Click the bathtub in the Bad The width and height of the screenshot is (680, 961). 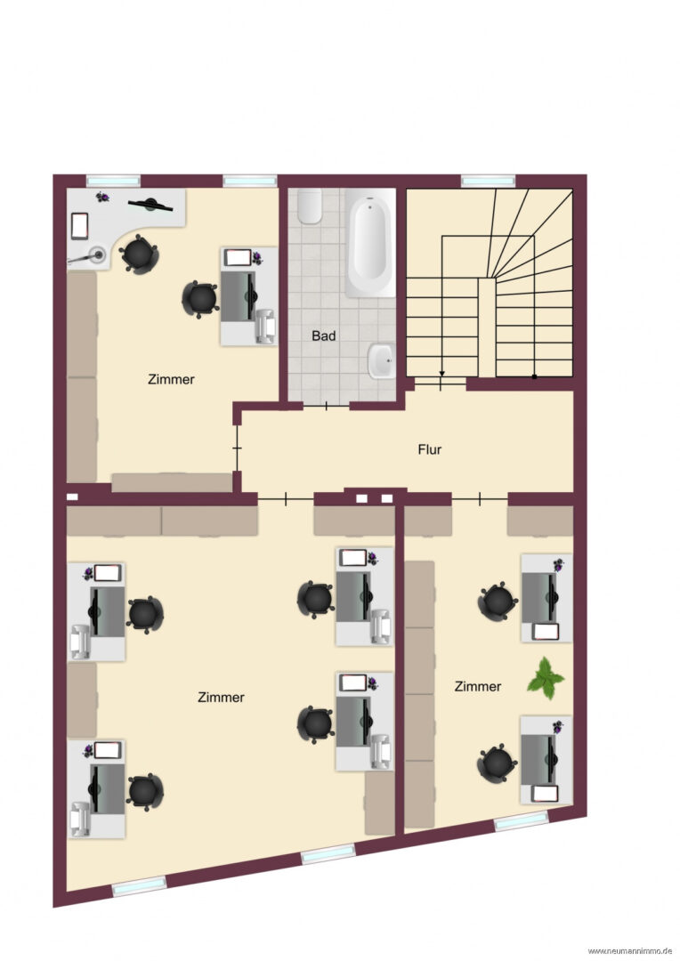point(370,243)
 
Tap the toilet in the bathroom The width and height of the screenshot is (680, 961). point(310,206)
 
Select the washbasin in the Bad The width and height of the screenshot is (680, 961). point(382,360)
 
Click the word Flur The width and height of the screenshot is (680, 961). point(429,449)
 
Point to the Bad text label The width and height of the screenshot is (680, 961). point(324,335)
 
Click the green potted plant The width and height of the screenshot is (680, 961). point(545,678)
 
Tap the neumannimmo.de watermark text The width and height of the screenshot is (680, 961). point(630,950)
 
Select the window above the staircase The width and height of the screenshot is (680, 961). point(488,181)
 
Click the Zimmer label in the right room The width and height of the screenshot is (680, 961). point(478,686)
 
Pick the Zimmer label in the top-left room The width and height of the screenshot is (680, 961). point(171,379)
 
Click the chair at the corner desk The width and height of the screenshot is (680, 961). point(139,253)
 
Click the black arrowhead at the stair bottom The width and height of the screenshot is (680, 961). point(441,373)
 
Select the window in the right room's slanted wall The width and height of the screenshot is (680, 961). point(522,820)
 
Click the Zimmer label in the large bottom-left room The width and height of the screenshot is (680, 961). point(221,698)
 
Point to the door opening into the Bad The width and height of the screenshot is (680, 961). point(326,406)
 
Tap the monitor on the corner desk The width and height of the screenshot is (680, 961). point(150,204)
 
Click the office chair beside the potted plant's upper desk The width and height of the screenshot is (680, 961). point(498,602)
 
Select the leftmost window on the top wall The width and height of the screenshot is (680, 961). point(113,181)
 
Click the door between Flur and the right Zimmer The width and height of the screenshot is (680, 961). point(480,499)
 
